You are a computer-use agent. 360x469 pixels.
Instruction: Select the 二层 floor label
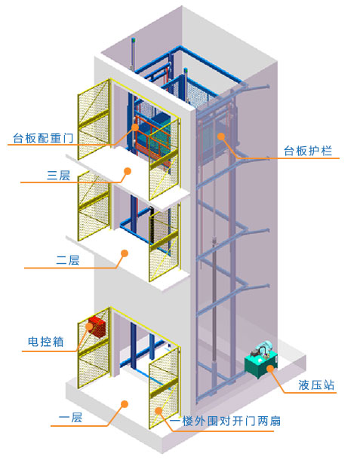point(68,260)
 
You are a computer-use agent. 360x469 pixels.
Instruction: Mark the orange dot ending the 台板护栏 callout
point(221,137)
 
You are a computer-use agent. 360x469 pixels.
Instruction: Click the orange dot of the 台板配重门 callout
point(136,127)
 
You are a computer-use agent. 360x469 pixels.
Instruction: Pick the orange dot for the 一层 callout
point(122,403)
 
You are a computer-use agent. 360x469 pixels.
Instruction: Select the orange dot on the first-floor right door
point(160,411)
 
